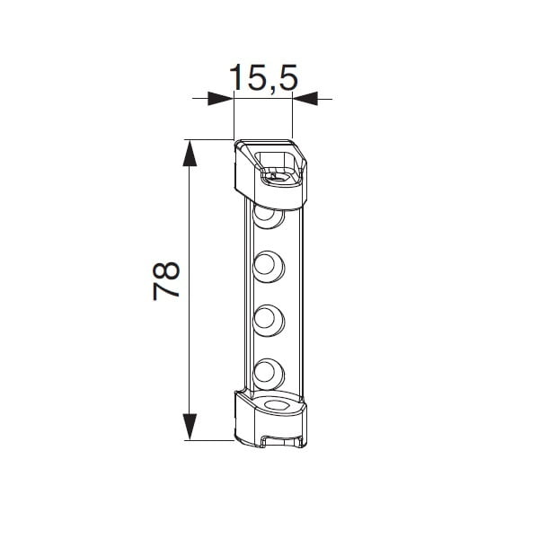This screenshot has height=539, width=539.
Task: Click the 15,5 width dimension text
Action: coord(262,78)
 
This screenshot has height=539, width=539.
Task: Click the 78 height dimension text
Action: coord(168,281)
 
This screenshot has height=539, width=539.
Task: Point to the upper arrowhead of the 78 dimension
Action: coord(190,153)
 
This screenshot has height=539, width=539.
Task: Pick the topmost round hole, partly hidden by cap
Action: coord(269,216)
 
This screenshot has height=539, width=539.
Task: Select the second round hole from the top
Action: coord(268,264)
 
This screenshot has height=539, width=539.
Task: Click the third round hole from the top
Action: coord(268,318)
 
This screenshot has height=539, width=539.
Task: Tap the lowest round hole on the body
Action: coord(268,370)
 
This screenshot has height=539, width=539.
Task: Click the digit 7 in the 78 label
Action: coord(168,293)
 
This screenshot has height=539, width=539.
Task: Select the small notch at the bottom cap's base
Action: coord(269,439)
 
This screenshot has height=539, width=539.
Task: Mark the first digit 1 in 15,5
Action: coord(235,78)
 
